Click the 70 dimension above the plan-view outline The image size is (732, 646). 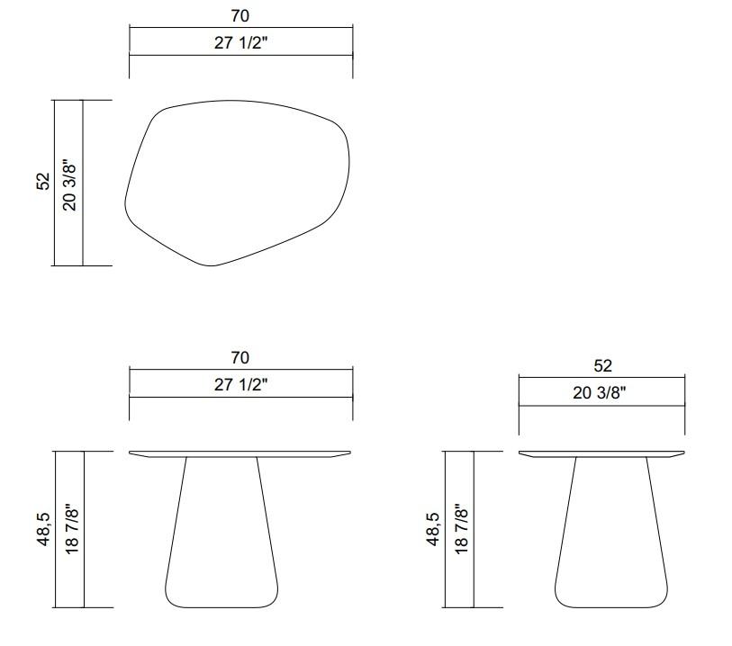[x=240, y=15]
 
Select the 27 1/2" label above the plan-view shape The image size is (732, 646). [x=240, y=41]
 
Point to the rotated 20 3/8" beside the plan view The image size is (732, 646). [x=69, y=184]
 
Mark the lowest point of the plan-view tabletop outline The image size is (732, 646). [x=213, y=266]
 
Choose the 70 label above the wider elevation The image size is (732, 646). [x=240, y=358]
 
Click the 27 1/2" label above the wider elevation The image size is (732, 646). [x=240, y=384]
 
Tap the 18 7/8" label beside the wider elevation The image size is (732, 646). [x=71, y=530]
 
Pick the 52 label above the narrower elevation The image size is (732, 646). [x=601, y=366]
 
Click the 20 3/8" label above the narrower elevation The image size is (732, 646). [x=601, y=392]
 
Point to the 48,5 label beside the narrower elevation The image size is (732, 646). [x=432, y=530]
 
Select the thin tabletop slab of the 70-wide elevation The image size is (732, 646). [x=240, y=453]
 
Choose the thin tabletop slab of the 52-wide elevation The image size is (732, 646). [x=601, y=453]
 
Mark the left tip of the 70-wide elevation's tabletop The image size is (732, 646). [x=131, y=453]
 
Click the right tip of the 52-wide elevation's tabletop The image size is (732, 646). [x=683, y=453]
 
